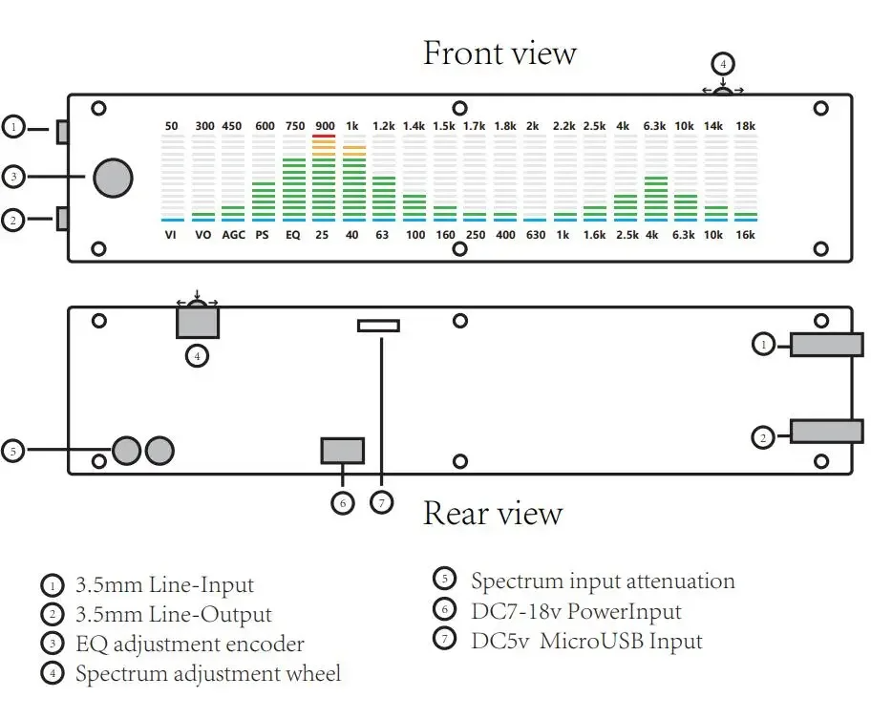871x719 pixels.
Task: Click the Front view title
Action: [x=499, y=53]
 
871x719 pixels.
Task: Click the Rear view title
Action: [x=493, y=513]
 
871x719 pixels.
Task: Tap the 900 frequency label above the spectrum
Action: [x=325, y=126]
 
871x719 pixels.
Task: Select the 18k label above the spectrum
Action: [x=746, y=126]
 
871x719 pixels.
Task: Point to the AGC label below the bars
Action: [x=233, y=235]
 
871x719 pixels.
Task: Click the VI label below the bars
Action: [x=171, y=235]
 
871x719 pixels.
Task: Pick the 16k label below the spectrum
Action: [x=746, y=235]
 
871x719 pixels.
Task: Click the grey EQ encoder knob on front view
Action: [x=113, y=178]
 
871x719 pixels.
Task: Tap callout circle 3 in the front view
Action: [x=13, y=177]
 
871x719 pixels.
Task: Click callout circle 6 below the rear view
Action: [x=343, y=503]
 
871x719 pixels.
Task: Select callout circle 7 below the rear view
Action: [x=382, y=503]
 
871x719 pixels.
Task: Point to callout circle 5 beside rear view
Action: [x=13, y=451]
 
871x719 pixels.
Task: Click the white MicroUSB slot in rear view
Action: [x=378, y=326]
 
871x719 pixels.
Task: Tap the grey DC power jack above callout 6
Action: [x=343, y=451]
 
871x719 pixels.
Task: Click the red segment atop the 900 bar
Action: [x=324, y=136]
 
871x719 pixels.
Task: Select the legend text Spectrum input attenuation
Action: [x=603, y=582]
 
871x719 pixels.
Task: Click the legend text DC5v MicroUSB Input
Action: [x=586, y=641]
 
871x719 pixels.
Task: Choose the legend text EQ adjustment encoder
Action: [x=190, y=645]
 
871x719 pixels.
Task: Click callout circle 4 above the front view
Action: [x=723, y=64]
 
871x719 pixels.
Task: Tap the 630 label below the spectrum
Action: [x=536, y=235]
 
